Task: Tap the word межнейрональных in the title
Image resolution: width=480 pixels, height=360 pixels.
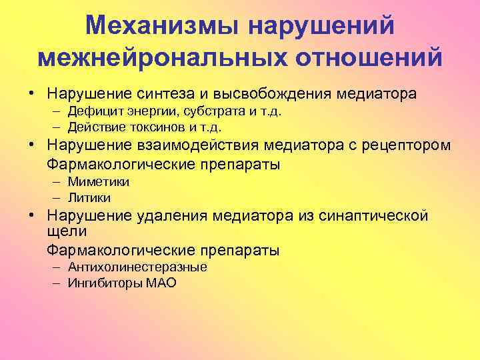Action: tap(144, 57)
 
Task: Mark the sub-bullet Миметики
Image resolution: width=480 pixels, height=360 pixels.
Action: tap(99, 182)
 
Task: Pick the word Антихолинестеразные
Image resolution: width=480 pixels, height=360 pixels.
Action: tap(137, 267)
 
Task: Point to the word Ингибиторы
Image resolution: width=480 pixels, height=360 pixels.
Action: tap(104, 283)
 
